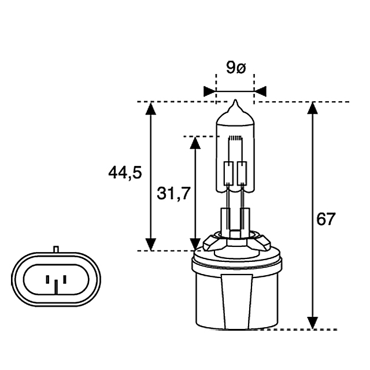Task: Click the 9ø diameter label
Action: point(236,68)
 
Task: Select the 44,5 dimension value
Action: point(125,172)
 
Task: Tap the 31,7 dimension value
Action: point(173,193)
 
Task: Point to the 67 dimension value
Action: point(325,219)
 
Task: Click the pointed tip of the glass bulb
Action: point(235,100)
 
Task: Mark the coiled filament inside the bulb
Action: point(235,138)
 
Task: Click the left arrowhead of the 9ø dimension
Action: point(209,91)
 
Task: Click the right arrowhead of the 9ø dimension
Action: point(260,91)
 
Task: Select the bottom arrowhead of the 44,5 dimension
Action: point(150,245)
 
